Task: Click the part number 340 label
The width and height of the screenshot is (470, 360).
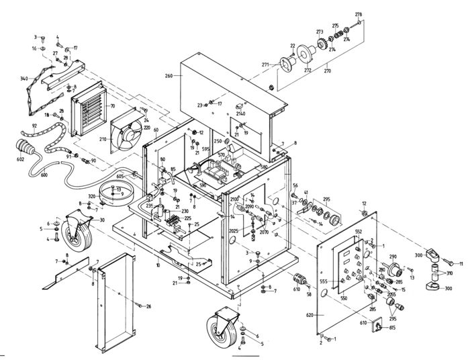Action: (24, 79)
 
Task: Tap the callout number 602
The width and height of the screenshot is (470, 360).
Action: (20, 160)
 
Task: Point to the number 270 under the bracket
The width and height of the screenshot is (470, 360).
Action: (328, 69)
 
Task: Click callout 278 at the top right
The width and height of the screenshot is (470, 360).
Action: (359, 14)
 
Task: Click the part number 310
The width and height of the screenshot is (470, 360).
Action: (449, 273)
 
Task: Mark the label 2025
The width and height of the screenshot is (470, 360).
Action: (233, 230)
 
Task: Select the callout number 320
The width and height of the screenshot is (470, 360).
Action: (92, 197)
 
